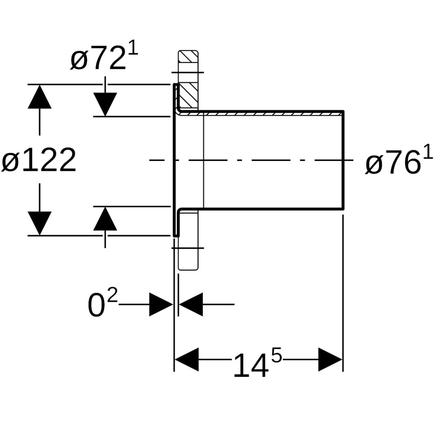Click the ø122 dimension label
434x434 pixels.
click(39, 160)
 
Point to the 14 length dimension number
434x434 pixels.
click(251, 366)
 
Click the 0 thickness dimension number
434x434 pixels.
click(96, 306)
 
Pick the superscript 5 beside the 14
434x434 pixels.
click(276, 356)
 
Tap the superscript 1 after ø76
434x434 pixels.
click(428, 153)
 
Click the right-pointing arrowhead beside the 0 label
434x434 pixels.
click(161, 304)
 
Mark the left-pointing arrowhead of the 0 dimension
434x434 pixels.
click(190, 304)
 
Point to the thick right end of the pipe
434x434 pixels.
click(343, 160)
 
